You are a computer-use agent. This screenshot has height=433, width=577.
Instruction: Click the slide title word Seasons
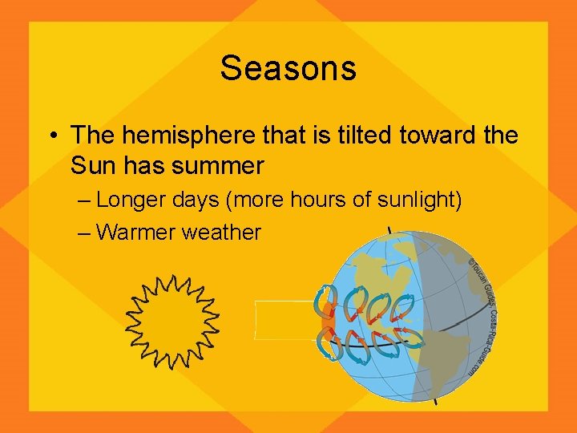coord(288,68)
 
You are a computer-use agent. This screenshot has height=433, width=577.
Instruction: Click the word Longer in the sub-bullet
coord(134,200)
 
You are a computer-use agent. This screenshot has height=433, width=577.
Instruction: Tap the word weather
coord(222,233)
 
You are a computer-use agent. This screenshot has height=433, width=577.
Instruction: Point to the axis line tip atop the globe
coord(389,230)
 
